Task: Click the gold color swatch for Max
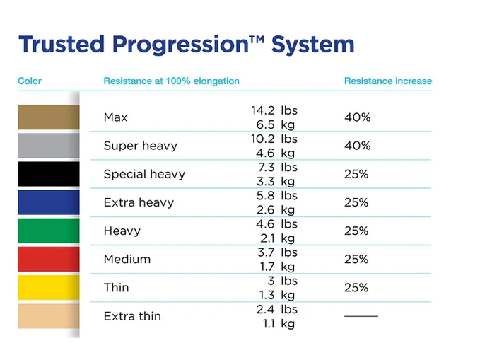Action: [x=48, y=117]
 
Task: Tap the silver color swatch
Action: [x=48, y=146]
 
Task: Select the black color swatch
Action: [x=48, y=174]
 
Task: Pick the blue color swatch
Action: [x=48, y=202]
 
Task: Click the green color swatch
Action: [x=48, y=231]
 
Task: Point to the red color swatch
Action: [x=48, y=259]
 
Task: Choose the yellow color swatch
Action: [x=48, y=287]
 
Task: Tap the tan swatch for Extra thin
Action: [x=48, y=316]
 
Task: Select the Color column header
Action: [x=30, y=81]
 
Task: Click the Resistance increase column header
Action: [x=387, y=81]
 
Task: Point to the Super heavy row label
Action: [x=140, y=146]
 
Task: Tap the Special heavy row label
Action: [x=143, y=174]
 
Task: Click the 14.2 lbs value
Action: [x=274, y=110]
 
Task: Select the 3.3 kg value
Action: [x=276, y=181]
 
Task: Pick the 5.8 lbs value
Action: [x=277, y=195]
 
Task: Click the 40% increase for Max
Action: [x=357, y=117]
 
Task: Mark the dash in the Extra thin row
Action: [x=361, y=315]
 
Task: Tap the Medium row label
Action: [x=127, y=259]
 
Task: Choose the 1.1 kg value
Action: [x=276, y=323]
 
